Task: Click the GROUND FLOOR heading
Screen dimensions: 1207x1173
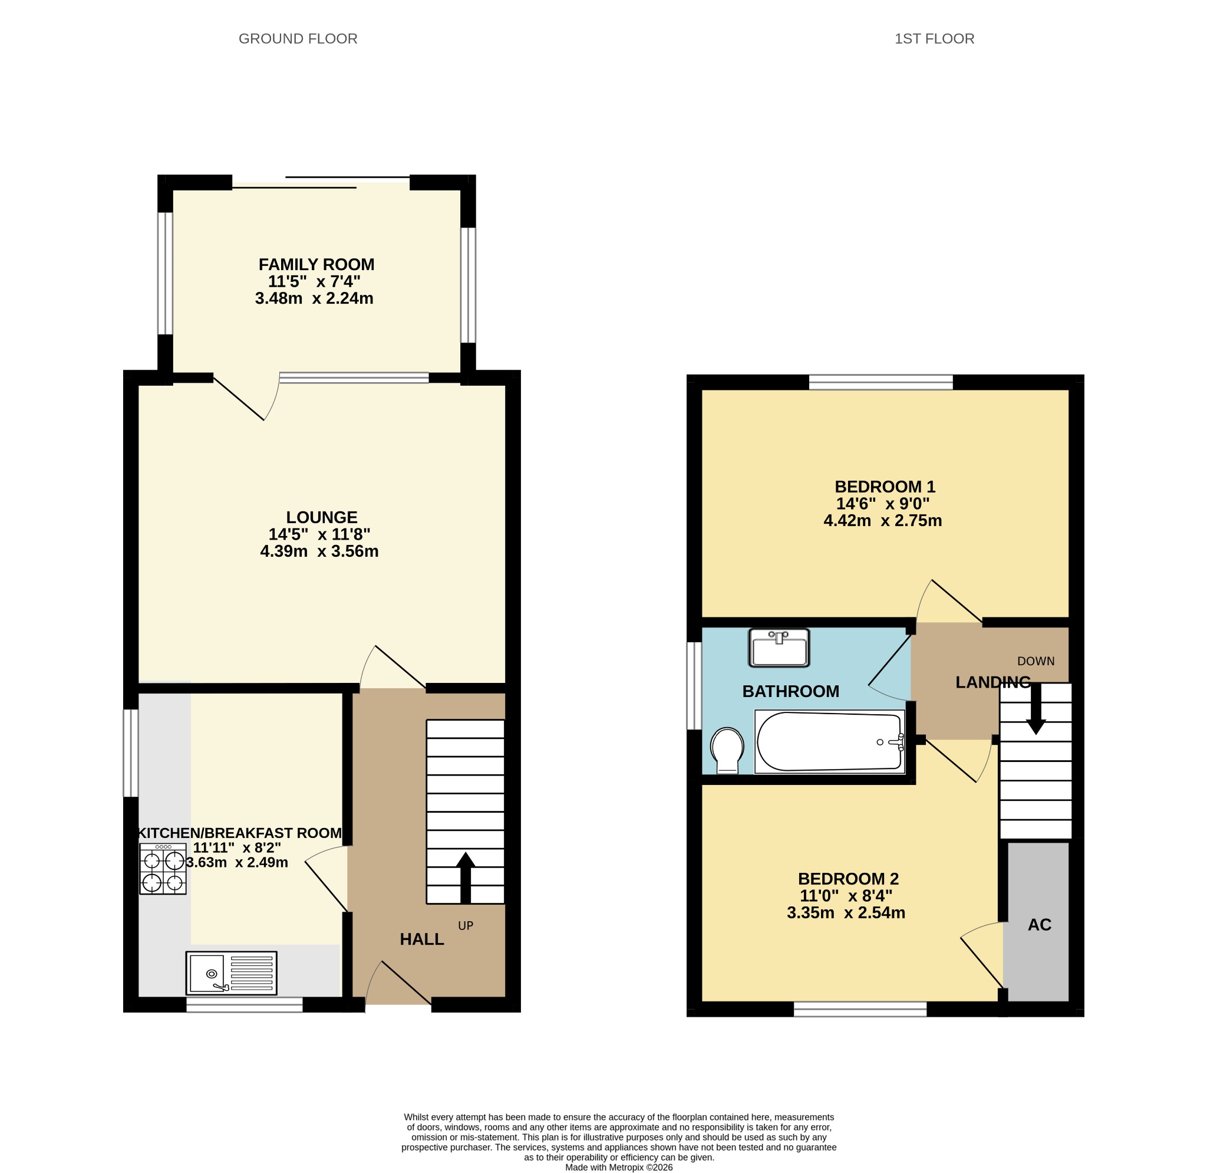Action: (x=298, y=39)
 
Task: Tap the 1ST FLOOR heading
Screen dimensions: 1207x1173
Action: (x=934, y=39)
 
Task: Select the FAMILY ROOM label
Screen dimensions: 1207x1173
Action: (x=316, y=264)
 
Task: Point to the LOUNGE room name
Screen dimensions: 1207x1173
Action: (x=321, y=517)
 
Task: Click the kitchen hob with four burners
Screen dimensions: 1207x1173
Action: (x=163, y=869)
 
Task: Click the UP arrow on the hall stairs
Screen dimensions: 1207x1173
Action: (x=466, y=878)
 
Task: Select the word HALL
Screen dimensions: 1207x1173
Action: (x=422, y=939)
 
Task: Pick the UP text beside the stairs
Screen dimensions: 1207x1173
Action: (x=466, y=925)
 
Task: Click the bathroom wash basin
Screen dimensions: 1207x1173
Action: (x=779, y=648)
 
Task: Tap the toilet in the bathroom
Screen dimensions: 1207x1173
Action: (x=727, y=750)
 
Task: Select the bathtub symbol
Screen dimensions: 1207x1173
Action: (x=830, y=742)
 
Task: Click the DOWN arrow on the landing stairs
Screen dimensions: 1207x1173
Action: (x=1036, y=708)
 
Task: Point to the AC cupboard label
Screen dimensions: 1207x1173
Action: (x=1040, y=924)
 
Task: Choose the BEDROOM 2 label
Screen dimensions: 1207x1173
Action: (x=849, y=879)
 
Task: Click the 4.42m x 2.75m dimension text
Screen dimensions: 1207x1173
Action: (x=882, y=521)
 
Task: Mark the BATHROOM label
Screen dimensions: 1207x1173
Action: (x=791, y=691)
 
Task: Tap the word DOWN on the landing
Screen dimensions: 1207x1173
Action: (x=1036, y=661)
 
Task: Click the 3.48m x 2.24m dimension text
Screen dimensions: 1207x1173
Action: (x=314, y=298)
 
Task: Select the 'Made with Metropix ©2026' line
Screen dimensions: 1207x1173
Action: (x=619, y=1167)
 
